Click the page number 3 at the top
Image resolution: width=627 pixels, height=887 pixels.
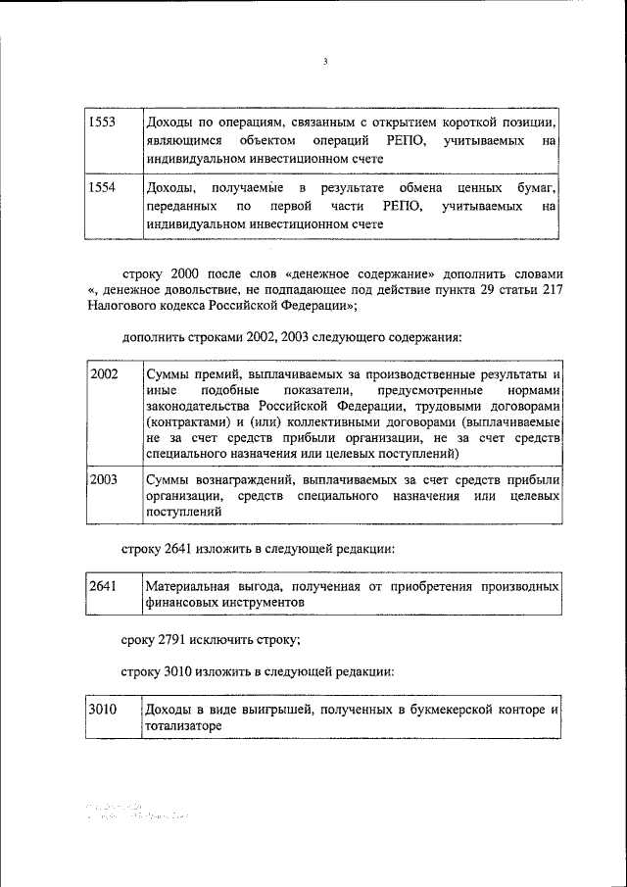(x=324, y=62)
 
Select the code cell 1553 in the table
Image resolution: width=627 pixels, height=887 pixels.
(x=102, y=123)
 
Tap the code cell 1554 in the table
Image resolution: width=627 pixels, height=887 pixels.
(x=102, y=187)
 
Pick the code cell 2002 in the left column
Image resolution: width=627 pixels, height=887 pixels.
(x=103, y=373)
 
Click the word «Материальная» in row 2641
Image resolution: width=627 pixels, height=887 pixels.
(x=188, y=586)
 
